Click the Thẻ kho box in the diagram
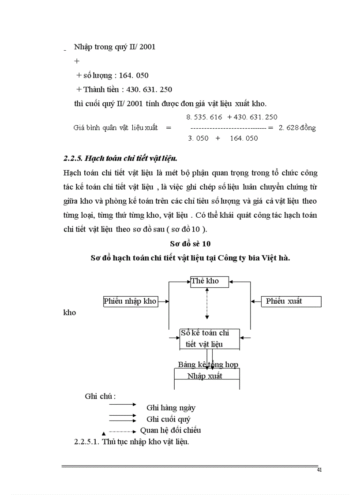point(210,281)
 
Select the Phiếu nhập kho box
point(130,301)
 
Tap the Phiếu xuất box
point(291,301)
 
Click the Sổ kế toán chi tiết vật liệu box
point(210,339)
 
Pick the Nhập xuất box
point(207,376)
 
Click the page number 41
point(319,470)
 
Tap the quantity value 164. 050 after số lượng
point(130,76)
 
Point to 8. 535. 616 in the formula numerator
point(204,117)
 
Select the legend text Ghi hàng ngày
point(171,408)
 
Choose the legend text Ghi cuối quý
point(168,419)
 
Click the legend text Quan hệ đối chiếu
point(170,430)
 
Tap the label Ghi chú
point(100,396)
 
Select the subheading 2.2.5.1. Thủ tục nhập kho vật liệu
point(131,442)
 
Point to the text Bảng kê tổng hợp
point(208,365)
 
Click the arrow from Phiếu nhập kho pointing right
point(164,301)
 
